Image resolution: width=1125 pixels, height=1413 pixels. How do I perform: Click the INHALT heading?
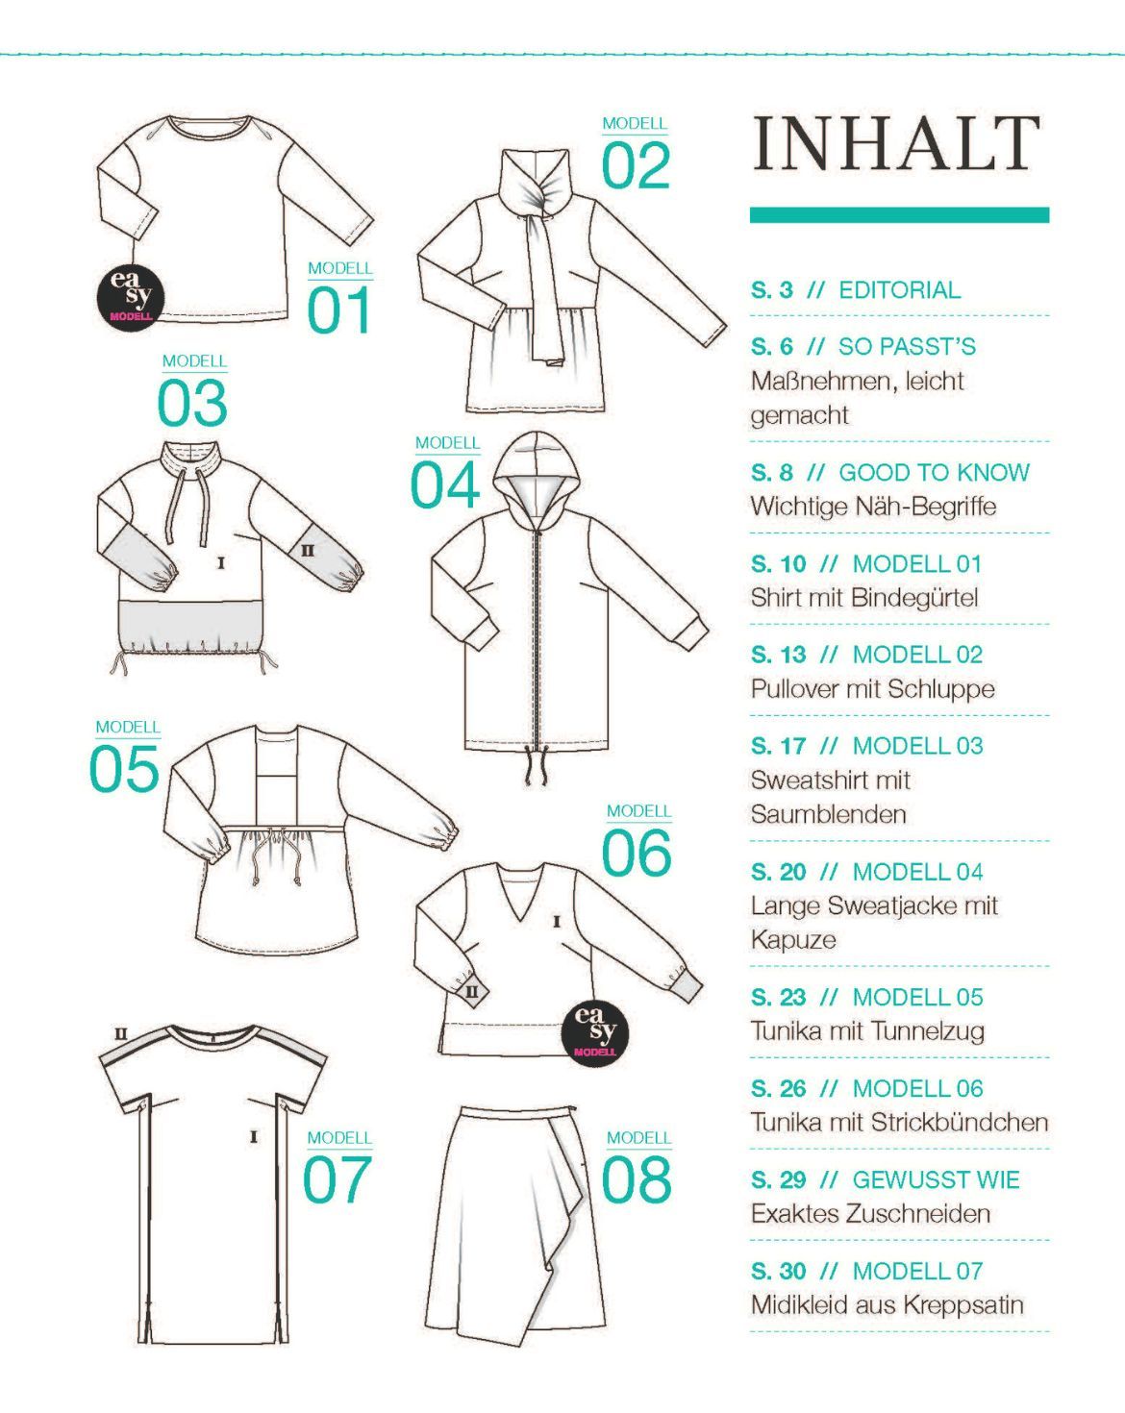point(897,143)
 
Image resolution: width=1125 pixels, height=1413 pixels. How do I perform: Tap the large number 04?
point(444,484)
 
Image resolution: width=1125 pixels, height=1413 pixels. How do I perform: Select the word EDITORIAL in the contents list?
point(900,289)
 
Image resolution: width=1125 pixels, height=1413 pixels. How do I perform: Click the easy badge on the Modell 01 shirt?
point(131,296)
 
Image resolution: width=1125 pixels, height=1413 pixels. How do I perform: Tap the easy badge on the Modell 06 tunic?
point(595,1031)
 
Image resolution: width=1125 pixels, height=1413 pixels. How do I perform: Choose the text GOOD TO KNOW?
point(934,472)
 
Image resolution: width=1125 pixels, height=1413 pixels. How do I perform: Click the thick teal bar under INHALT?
point(899,214)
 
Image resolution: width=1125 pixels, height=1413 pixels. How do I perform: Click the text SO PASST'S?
point(907,346)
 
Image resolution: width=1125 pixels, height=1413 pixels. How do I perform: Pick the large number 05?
point(124,768)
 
